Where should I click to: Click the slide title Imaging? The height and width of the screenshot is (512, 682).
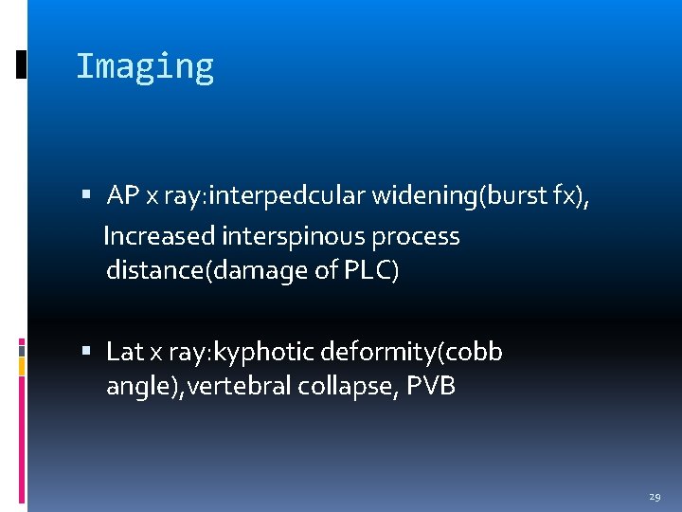tap(145, 67)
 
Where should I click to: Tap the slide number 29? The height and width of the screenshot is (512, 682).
tap(655, 495)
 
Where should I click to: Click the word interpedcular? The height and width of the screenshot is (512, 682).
tap(292, 196)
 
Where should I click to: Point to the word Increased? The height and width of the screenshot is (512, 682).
tap(158, 236)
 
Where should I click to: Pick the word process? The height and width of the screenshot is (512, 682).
tap(416, 236)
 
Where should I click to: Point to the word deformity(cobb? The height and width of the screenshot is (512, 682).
tap(412, 352)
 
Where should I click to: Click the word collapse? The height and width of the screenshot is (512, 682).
tap(340, 387)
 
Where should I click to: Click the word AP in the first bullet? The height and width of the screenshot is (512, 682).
tap(123, 196)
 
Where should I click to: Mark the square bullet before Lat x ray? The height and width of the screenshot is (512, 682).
tap(86, 352)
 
